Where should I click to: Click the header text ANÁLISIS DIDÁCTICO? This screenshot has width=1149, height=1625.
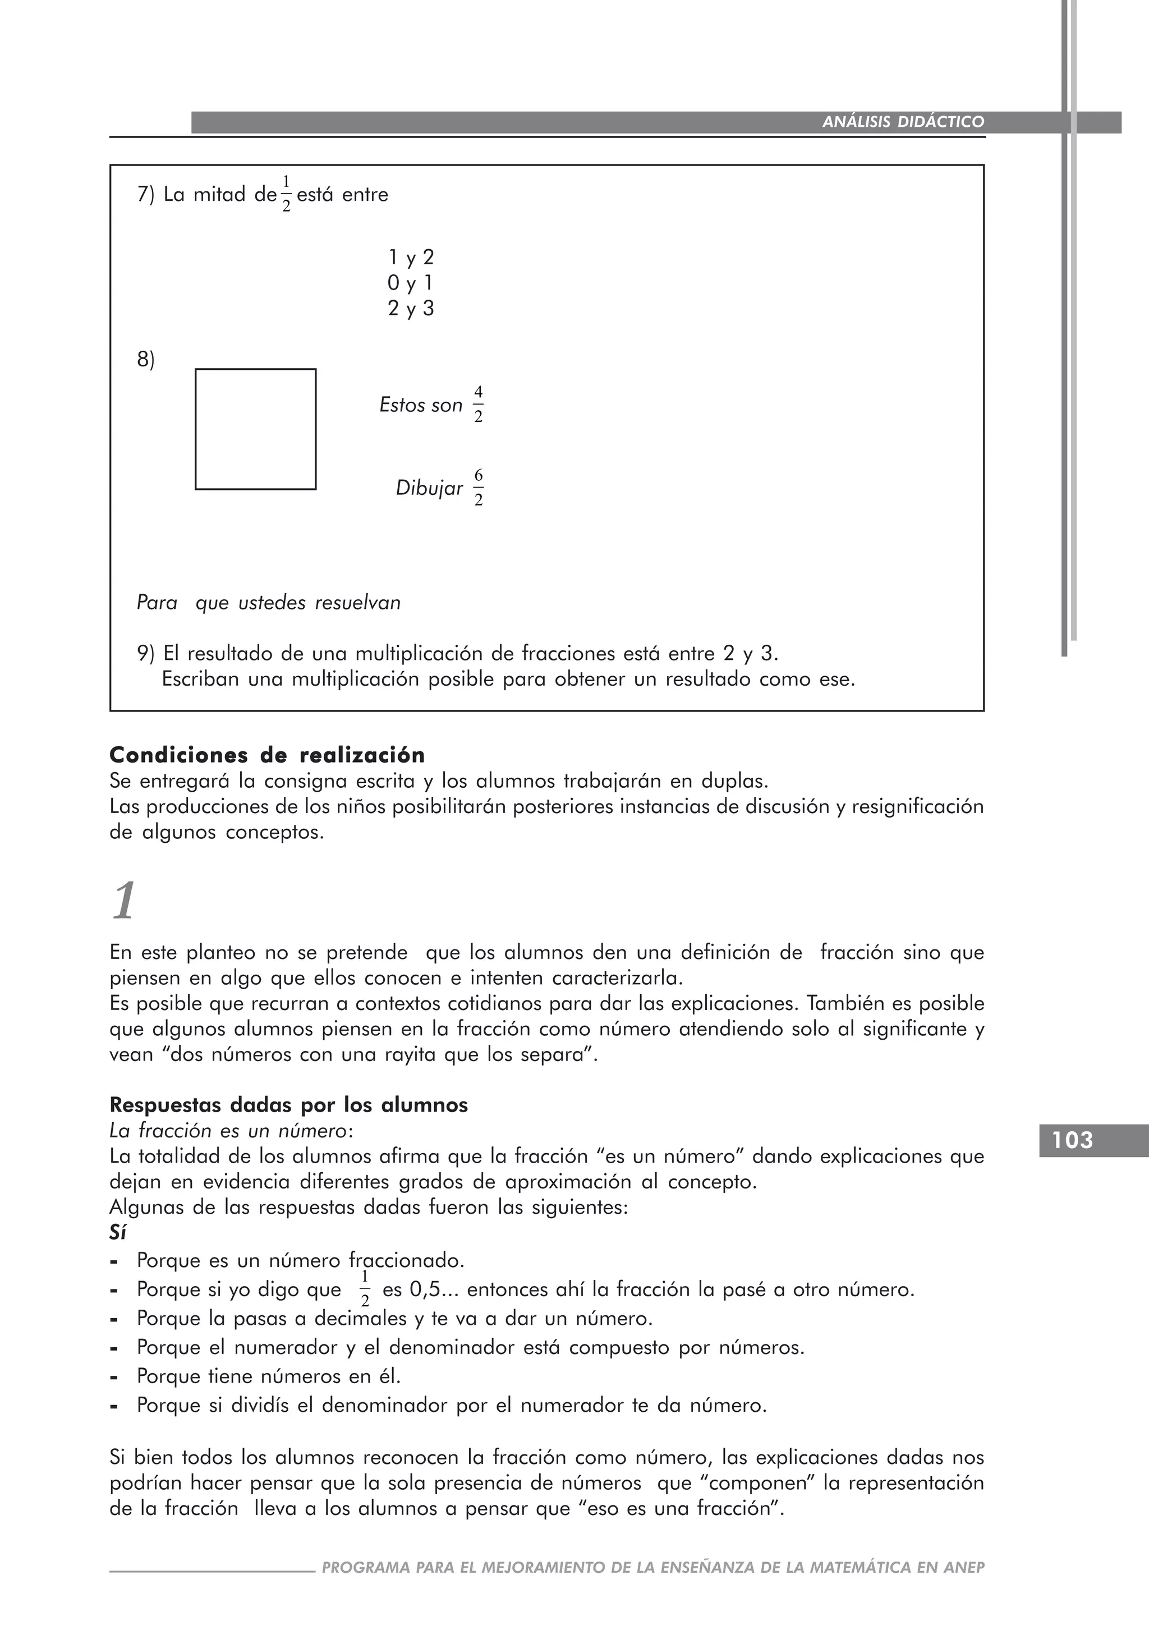(x=903, y=122)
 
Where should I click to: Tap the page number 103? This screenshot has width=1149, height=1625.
(x=1073, y=1140)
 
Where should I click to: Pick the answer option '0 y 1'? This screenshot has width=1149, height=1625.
(x=410, y=283)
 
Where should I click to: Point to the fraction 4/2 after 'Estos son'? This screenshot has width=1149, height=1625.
(x=478, y=405)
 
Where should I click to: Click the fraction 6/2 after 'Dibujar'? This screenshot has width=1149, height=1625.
(x=478, y=488)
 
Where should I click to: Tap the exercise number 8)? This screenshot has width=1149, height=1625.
(x=146, y=360)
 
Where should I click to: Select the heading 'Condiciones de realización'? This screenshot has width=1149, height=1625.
(x=268, y=755)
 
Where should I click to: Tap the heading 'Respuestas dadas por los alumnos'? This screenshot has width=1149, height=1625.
(x=289, y=1105)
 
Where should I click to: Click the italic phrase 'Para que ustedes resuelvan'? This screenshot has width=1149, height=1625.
(x=268, y=603)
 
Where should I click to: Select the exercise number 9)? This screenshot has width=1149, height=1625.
(x=146, y=653)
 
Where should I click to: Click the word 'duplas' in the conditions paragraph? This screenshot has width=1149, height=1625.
(x=732, y=782)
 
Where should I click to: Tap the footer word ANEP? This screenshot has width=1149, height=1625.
(x=964, y=1568)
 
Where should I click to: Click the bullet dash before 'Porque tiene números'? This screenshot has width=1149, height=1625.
(x=114, y=1378)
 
